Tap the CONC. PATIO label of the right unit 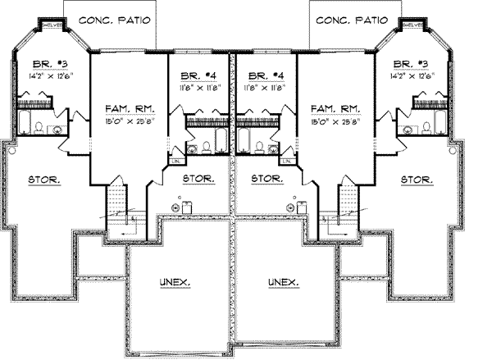356,21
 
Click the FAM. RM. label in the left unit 126,108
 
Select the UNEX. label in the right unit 283,283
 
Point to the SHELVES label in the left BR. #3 52,25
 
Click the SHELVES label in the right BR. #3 412,25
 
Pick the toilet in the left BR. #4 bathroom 207,148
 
